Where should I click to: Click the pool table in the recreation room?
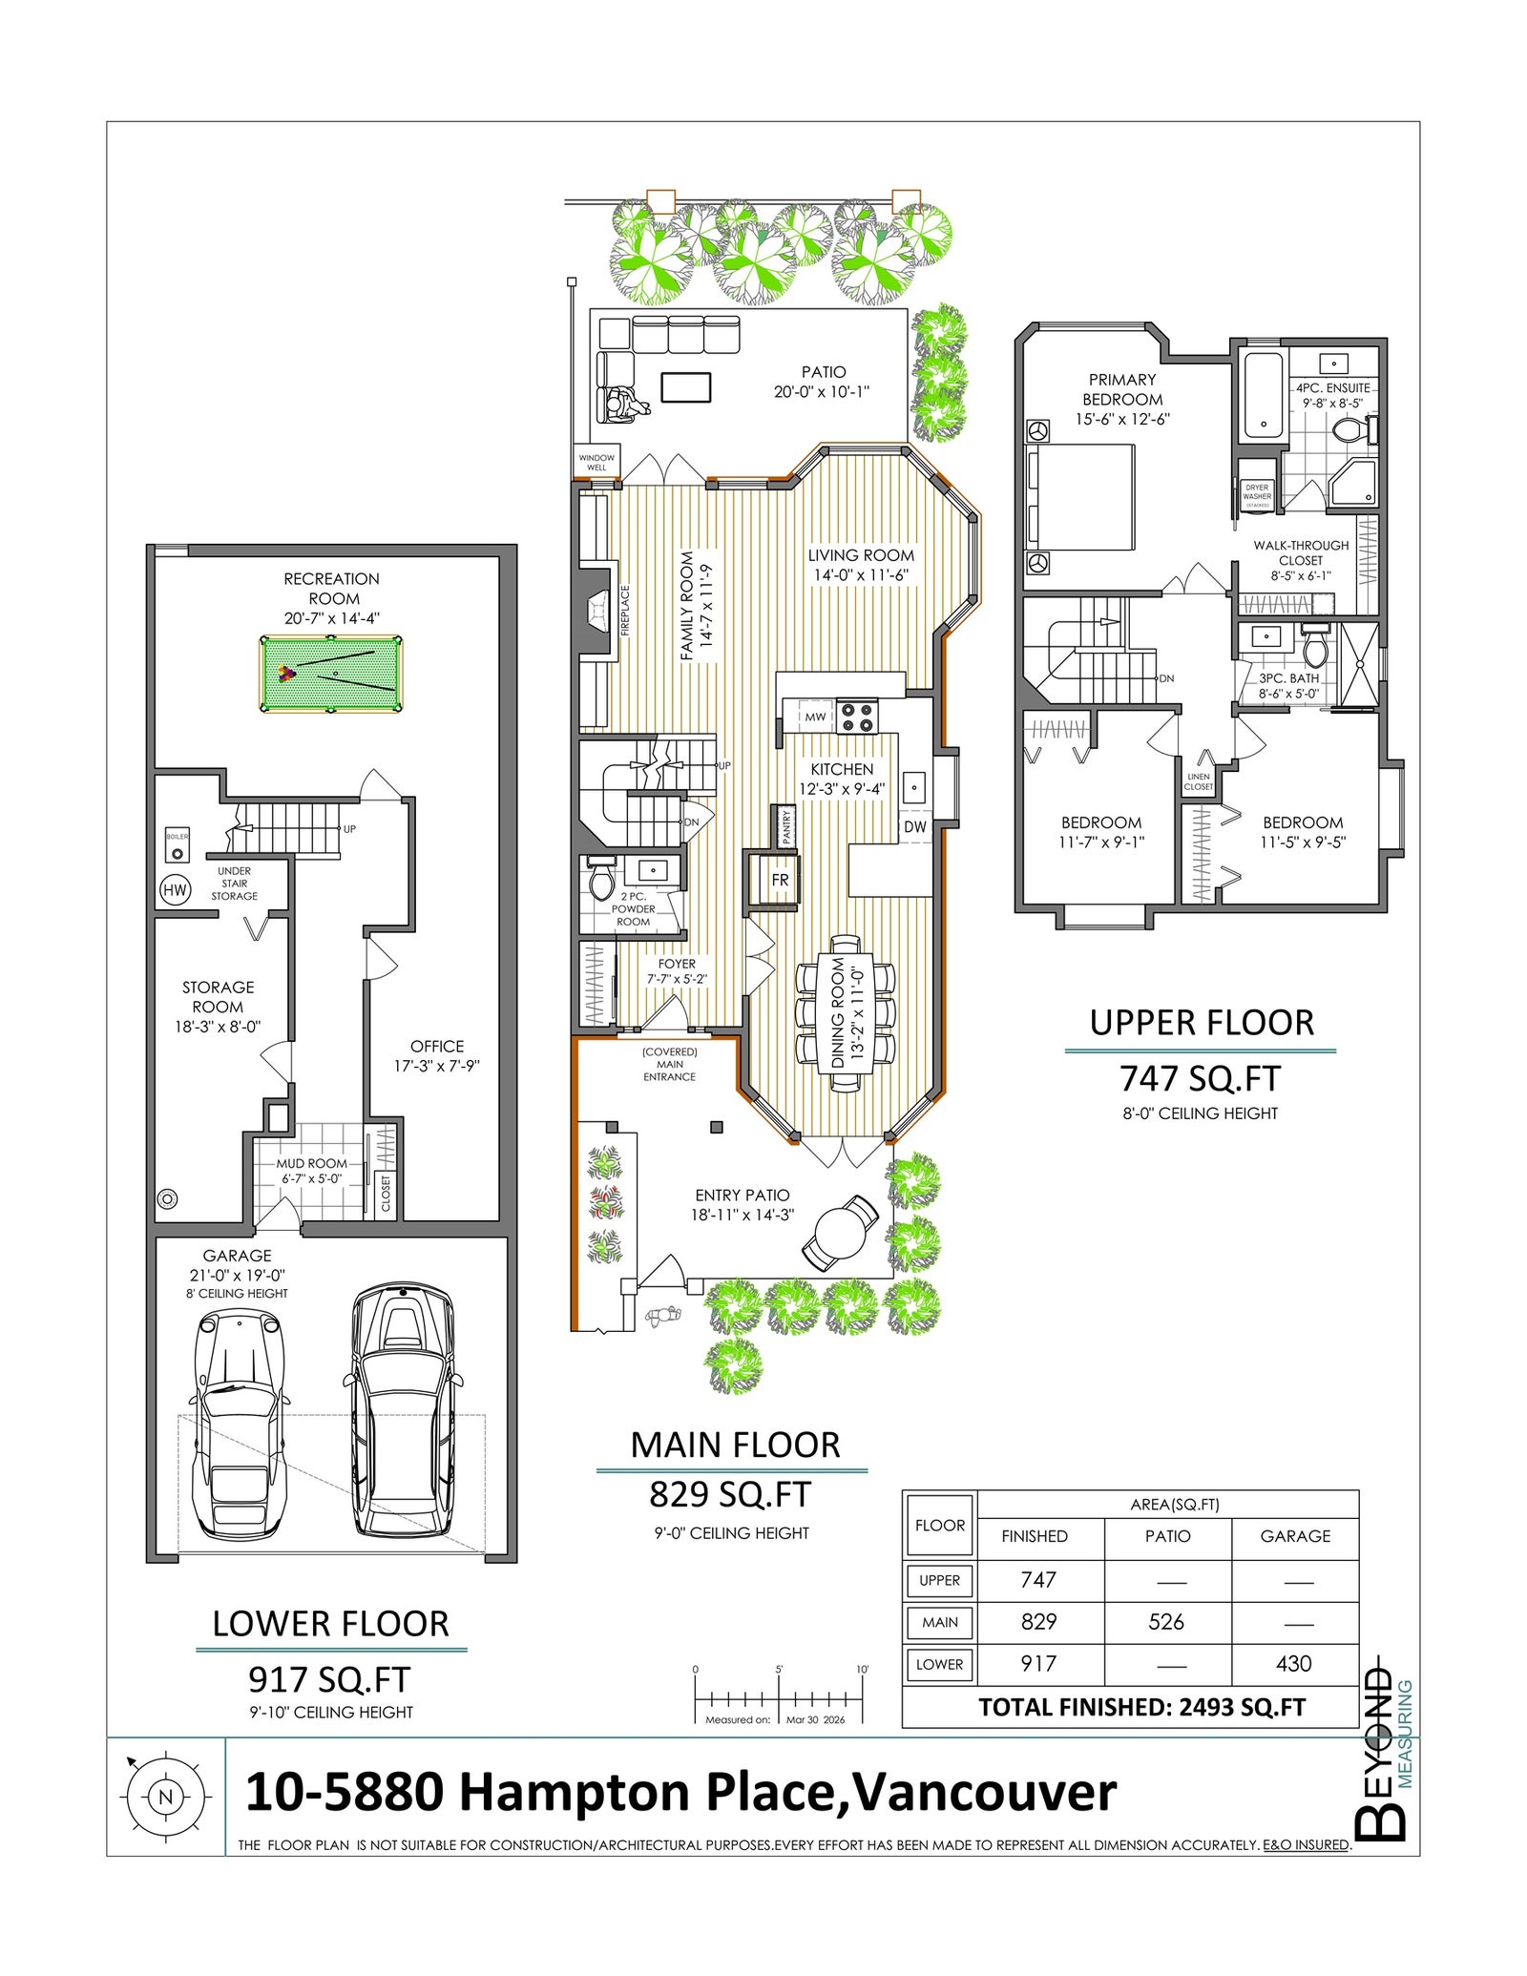pos(330,674)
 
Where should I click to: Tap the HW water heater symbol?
pos(175,889)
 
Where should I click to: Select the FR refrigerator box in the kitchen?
pos(780,880)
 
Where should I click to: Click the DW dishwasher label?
pos(914,826)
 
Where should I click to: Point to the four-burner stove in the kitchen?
pos(857,717)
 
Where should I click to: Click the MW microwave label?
pos(815,717)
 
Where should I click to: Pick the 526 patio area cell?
pos(1166,1621)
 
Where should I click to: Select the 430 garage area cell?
pos(1293,1663)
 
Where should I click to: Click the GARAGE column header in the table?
pos(1295,1535)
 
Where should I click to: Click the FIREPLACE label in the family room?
pos(626,611)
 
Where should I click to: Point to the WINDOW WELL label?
pos(596,463)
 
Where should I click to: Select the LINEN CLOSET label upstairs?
pos(1199,781)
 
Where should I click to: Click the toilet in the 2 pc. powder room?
pos(602,880)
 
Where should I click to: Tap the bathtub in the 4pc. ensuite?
pos(1264,396)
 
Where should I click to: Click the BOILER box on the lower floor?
pos(178,845)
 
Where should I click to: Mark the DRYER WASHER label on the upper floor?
pos(1257,492)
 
